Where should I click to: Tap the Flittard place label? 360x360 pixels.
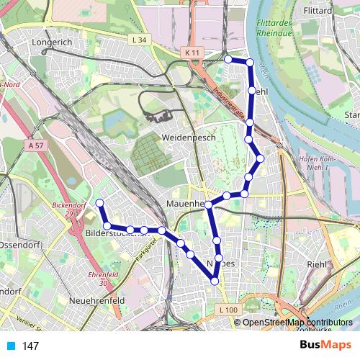click(318, 11)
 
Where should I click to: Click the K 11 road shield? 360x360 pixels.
click(191, 53)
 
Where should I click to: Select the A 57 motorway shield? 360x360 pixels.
click(32, 145)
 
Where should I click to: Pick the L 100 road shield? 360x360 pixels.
click(228, 310)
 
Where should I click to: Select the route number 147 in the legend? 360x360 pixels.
click(31, 346)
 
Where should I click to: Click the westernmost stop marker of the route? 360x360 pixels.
click(100, 202)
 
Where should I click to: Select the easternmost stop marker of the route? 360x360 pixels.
click(261, 158)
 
